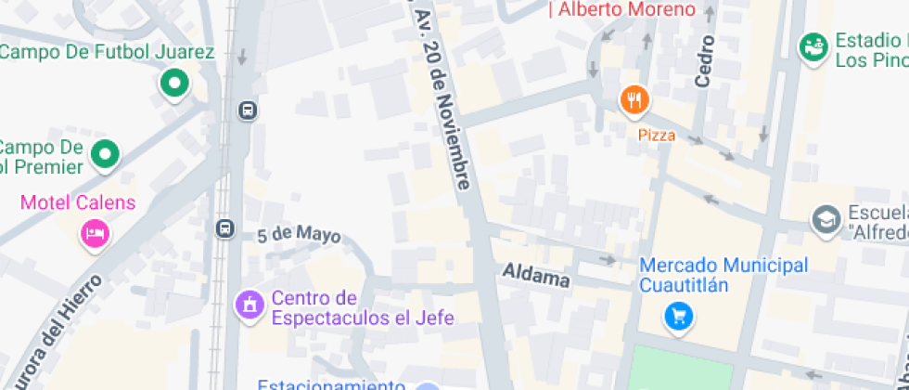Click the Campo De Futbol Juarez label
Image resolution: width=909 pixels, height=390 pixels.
[108, 52]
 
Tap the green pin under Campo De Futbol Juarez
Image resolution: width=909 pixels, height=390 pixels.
[173, 84]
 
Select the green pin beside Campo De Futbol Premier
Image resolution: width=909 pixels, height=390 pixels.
[107, 154]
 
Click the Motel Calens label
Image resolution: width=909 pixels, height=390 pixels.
[78, 202]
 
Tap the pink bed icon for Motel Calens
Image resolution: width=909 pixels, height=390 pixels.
[94, 233]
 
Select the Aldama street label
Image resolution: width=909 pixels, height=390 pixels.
[535, 275]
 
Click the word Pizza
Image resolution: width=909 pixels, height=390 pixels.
[657, 136]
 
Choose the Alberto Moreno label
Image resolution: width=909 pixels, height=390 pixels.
[621, 9]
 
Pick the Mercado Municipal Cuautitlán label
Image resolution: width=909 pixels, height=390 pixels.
[723, 275]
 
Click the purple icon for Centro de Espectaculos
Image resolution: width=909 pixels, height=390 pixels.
[249, 304]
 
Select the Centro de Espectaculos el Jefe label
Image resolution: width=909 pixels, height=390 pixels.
[362, 308]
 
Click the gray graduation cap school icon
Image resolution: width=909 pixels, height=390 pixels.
[825, 220]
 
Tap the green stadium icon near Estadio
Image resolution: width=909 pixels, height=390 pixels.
[814, 46]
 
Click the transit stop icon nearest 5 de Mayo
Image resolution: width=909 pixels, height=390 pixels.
[224, 228]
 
